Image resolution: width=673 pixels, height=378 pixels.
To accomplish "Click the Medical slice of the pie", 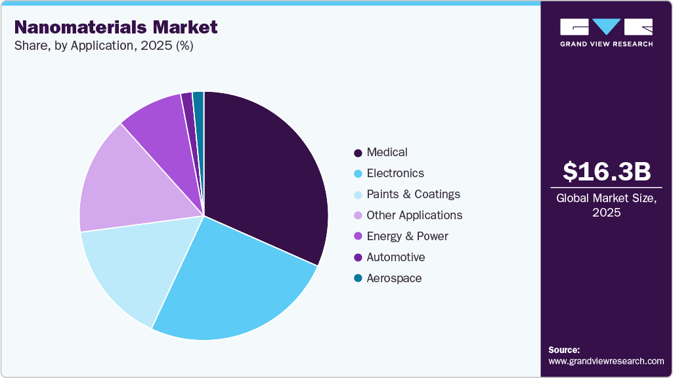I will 269,177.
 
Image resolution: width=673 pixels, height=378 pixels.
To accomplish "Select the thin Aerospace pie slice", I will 199,108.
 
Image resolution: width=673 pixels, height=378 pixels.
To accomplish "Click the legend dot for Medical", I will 358,153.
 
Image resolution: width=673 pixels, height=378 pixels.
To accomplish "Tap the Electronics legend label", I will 395,173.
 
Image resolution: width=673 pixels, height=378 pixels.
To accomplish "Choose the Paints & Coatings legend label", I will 413,194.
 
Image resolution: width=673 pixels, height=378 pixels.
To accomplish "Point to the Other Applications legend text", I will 414,215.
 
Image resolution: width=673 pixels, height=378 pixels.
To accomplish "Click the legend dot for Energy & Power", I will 358,237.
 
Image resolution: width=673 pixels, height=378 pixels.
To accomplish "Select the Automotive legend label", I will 396,257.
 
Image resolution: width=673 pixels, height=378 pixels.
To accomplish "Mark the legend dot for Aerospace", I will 358,279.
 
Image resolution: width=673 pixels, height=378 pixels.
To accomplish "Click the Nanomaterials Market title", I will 116,28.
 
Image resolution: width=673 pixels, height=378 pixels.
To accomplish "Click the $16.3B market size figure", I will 607,171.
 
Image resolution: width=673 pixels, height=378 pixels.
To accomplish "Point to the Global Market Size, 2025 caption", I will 607,205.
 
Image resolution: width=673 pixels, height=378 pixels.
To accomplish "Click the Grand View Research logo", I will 607,32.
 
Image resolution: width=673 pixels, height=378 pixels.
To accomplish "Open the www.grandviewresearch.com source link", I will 606,362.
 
